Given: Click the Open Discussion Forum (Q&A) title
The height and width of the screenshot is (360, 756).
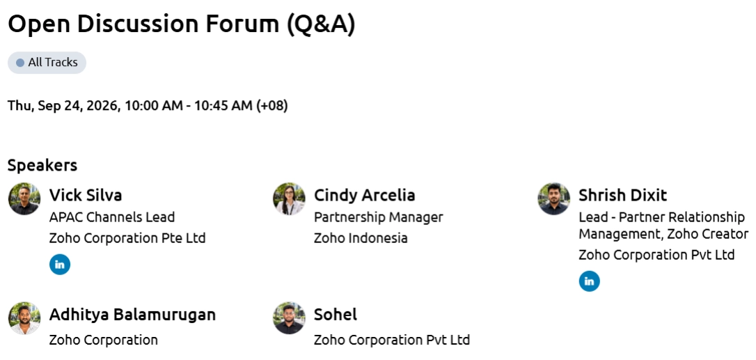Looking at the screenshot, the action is pos(181,24).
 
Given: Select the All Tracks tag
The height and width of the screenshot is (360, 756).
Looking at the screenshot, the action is pos(47,63).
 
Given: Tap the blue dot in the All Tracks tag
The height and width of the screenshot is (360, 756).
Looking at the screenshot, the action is pos(20,63).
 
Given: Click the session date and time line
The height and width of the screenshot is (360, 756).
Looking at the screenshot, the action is pos(148,106).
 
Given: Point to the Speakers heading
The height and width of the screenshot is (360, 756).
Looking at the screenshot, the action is pos(42,165).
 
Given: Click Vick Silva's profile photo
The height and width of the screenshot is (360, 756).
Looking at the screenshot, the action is pos(24,199).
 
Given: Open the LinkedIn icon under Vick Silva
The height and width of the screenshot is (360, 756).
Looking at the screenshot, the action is pos(60,265).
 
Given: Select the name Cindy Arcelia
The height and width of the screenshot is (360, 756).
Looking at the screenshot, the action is pos(365,195).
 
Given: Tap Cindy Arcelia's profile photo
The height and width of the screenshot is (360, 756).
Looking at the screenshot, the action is pos(289,199).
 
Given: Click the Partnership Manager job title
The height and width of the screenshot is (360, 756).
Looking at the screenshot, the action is pos(379,218).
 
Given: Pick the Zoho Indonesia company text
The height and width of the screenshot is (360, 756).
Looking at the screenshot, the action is pos(361,238).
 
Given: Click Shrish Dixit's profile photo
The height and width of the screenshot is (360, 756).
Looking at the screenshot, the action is pos(554,199).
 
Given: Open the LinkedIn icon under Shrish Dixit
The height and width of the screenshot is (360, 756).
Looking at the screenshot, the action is pos(589,281).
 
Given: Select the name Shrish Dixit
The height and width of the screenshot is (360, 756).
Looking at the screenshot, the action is pos(623,195).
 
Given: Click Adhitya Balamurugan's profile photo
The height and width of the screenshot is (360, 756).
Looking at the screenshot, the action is pos(24,318).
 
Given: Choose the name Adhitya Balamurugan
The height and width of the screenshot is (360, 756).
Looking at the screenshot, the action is pos(132,315).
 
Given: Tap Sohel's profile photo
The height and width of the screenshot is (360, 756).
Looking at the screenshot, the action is pos(289,318).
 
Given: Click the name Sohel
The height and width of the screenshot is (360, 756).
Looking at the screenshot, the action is pos(336,315).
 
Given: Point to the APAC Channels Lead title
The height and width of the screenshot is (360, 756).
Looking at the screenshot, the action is pos(112,218).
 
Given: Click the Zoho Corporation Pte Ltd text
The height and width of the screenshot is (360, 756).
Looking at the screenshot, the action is pos(127,238).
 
